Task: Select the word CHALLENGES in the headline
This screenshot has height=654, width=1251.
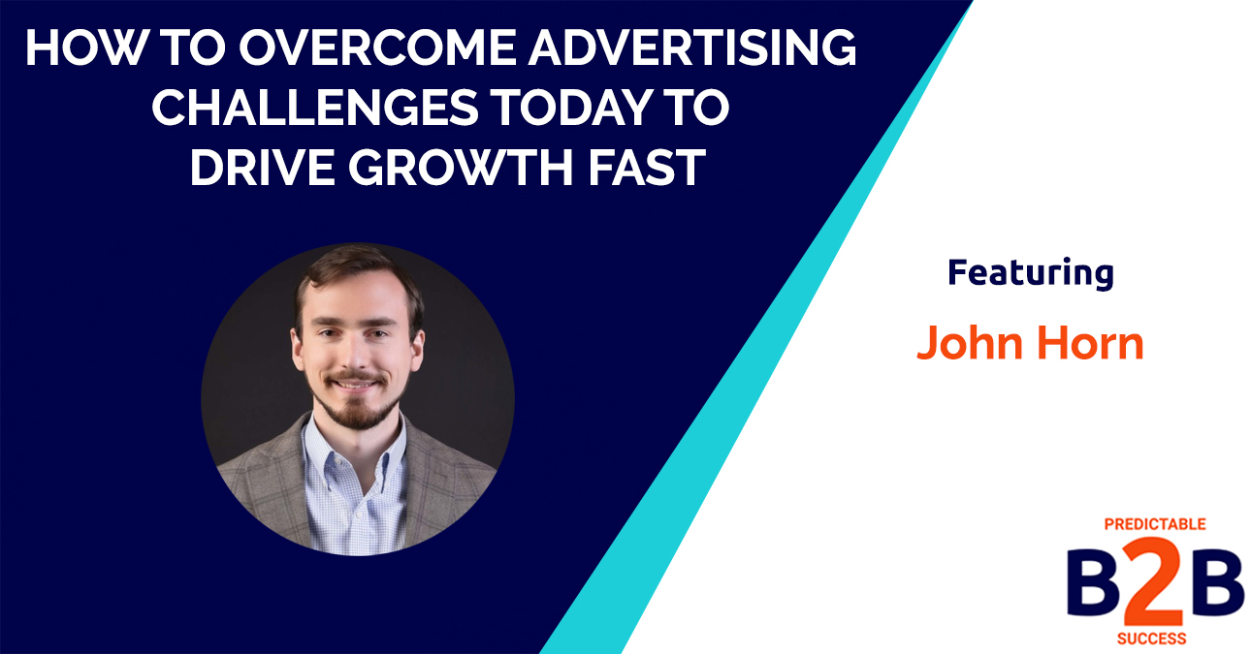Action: pos(314,108)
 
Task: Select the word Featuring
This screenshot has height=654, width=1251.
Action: pos(1030,273)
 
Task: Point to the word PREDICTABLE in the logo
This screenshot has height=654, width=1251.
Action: pos(1154,524)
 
